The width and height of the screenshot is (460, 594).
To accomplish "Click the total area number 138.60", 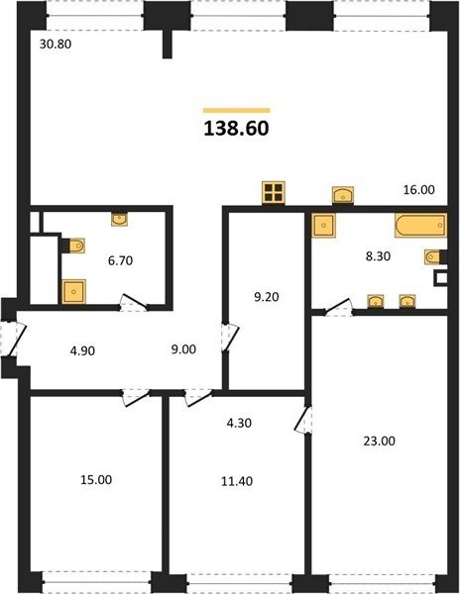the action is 236,129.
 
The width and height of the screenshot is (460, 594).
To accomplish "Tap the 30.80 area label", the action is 56,45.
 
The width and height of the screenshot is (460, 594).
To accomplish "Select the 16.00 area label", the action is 418,189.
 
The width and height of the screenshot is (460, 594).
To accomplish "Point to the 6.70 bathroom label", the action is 120,260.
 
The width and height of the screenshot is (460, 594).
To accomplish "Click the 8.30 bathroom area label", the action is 378,256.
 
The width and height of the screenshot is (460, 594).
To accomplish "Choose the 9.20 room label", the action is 267,297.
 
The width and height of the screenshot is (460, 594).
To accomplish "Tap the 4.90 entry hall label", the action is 82,351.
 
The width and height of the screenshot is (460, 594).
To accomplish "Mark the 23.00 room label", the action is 380,441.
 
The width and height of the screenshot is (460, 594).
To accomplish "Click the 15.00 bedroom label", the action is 96,480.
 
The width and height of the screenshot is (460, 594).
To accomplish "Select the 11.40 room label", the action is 237,481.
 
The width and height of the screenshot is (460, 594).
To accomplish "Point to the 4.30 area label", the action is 239,423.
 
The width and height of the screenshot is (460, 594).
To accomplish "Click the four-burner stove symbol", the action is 274,192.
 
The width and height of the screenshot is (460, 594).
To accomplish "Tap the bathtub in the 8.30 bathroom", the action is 421,226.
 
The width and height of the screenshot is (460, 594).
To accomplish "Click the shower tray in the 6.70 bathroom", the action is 74,292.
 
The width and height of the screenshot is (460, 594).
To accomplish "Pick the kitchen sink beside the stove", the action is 343,195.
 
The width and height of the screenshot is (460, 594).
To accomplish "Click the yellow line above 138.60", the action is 236,111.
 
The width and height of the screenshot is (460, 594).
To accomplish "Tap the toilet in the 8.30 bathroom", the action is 434,256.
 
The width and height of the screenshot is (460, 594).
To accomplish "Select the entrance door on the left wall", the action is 13,339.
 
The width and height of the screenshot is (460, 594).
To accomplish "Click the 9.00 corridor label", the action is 183,349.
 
